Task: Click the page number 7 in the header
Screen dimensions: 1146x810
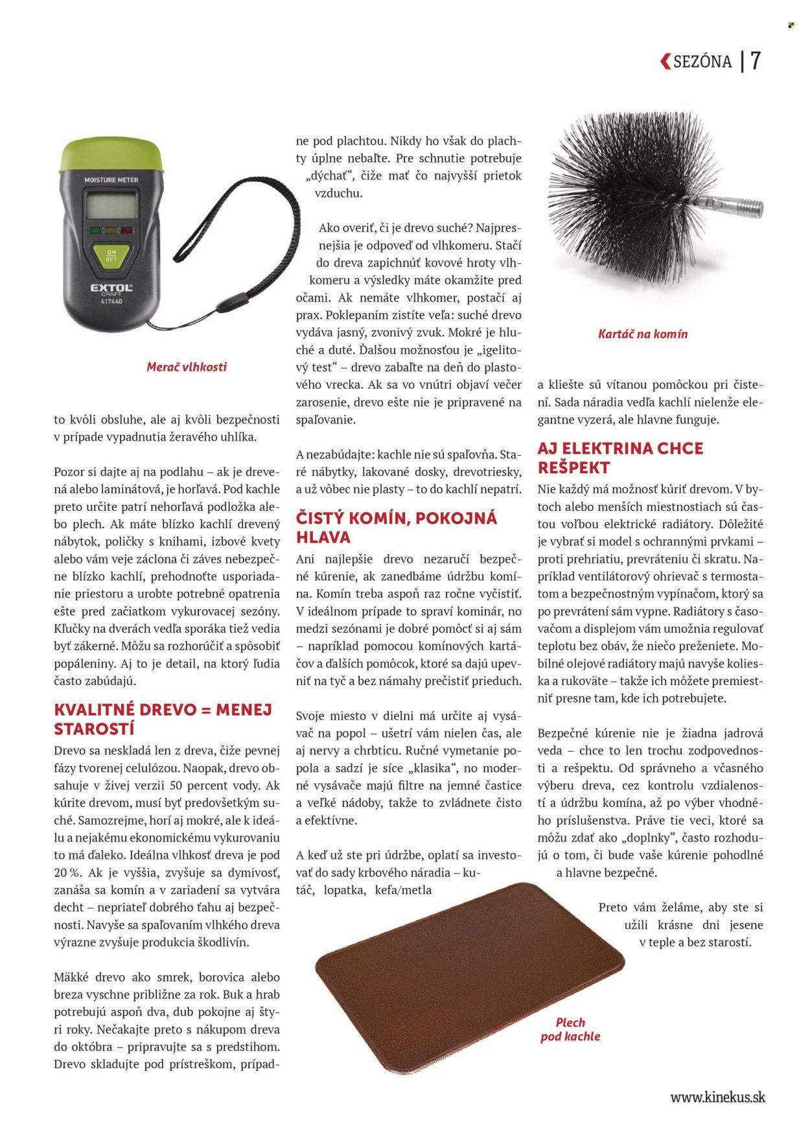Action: pos(756,61)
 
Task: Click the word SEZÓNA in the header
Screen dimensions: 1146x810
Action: pos(702,62)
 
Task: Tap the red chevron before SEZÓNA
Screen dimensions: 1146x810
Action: pos(665,62)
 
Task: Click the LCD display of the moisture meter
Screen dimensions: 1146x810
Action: pos(111,206)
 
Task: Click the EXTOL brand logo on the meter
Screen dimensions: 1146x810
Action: pos(111,288)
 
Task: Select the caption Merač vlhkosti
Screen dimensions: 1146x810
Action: pos(187,367)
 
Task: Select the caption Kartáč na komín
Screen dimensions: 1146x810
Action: pos(642,334)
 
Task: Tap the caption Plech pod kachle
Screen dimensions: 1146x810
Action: pos(570,1029)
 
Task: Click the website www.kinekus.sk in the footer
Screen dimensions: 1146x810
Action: pos(717,1097)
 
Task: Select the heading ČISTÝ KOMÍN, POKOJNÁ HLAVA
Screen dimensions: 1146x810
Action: pos(397,527)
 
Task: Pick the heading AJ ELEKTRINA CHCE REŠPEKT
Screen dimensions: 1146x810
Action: pos(620,458)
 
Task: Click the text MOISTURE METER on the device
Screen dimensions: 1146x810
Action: pos(111,180)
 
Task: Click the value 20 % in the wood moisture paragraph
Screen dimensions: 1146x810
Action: pos(67,872)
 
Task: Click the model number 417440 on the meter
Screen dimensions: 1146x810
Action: pos(111,301)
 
